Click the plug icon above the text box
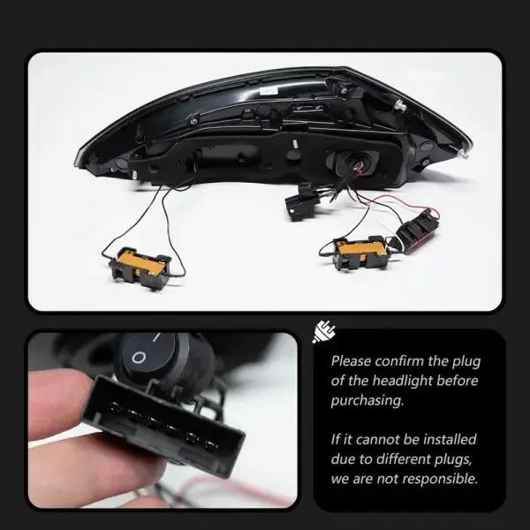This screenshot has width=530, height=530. tap(324, 331)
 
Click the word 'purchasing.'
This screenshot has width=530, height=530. tap(367, 401)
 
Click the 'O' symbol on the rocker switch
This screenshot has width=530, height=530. tap(139, 357)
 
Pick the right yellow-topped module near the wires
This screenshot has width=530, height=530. tap(361, 253)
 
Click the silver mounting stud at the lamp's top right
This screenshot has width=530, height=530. tap(400, 105)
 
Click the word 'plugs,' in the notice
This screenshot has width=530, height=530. tap(454, 459)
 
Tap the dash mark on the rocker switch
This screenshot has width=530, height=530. tap(156, 337)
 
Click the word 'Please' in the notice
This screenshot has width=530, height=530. tap(352, 361)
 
